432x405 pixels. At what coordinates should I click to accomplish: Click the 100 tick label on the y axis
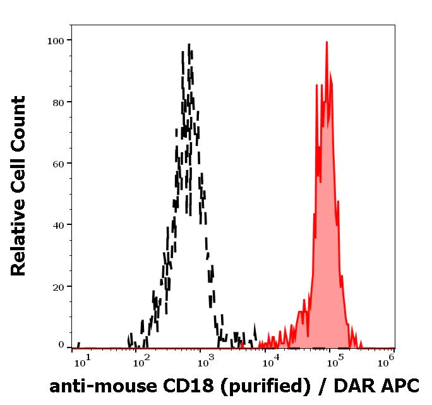click(x=56, y=41)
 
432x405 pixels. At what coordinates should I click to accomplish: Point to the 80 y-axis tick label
click(x=58, y=102)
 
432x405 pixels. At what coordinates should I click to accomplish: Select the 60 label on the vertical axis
click(x=58, y=164)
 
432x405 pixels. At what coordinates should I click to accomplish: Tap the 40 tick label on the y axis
click(x=58, y=225)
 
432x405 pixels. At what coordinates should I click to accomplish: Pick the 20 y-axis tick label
click(x=58, y=286)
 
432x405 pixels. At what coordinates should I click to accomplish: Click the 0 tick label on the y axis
click(x=61, y=345)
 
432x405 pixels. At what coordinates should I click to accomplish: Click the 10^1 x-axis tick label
click(x=82, y=360)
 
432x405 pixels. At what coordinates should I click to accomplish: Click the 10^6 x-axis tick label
click(x=387, y=359)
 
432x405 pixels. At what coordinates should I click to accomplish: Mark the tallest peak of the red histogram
click(x=327, y=42)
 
